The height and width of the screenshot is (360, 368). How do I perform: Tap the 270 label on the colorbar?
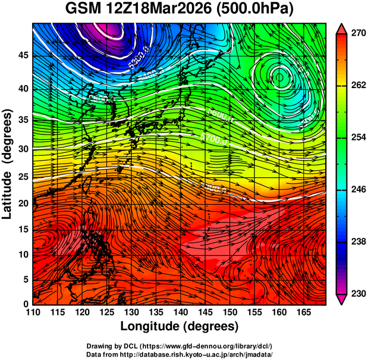(356, 34)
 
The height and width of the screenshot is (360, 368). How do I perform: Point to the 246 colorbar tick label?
(356, 190)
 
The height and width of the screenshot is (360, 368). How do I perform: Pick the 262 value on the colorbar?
(356, 86)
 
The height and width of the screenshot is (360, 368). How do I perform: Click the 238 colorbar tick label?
(356, 242)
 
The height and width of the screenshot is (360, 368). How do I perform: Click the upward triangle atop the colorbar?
(341, 28)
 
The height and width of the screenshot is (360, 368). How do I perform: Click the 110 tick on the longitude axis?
(33, 313)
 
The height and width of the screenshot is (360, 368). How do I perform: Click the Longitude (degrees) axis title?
(180, 326)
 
